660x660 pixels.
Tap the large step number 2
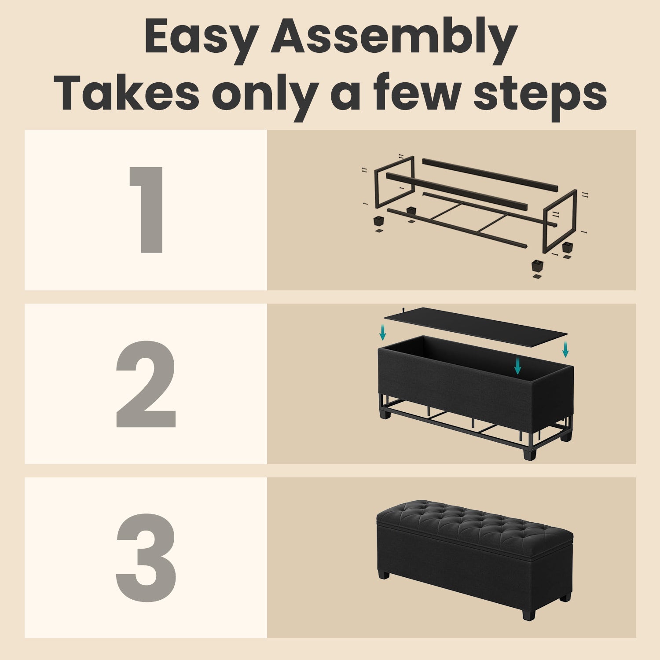(x=146, y=384)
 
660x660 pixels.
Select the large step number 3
(x=146, y=558)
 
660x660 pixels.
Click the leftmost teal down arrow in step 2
(x=383, y=332)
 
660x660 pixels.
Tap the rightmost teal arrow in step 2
(x=565, y=349)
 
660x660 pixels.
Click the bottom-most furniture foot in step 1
(x=537, y=266)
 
